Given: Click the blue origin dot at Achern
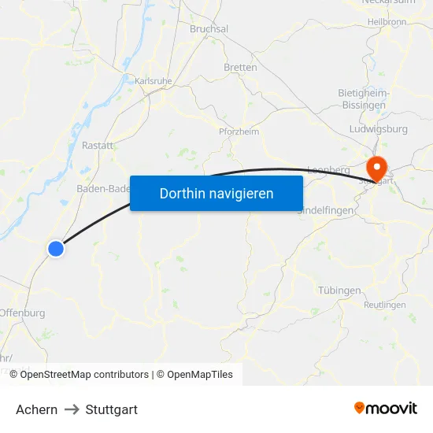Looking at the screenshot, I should pos(55,248).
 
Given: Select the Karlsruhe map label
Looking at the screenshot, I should pos(153,80).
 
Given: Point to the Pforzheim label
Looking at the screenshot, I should pos(239,131).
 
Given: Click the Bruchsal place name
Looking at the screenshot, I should pos(209,29).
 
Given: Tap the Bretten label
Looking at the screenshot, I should pos(240,68).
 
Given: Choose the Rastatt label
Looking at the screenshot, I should pos(98,146).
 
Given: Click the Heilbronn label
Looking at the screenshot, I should pos(386,21).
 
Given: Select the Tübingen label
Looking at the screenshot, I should pos(339,291).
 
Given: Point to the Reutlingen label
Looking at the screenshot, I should pos(385,305).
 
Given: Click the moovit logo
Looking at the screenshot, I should pos(386,409).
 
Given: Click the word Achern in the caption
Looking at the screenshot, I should pos(36,409).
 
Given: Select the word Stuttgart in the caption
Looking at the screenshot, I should pos(111,409).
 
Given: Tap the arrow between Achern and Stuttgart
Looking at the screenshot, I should pos(71,409).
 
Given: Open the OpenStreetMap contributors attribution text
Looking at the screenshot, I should pos(84,375).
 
